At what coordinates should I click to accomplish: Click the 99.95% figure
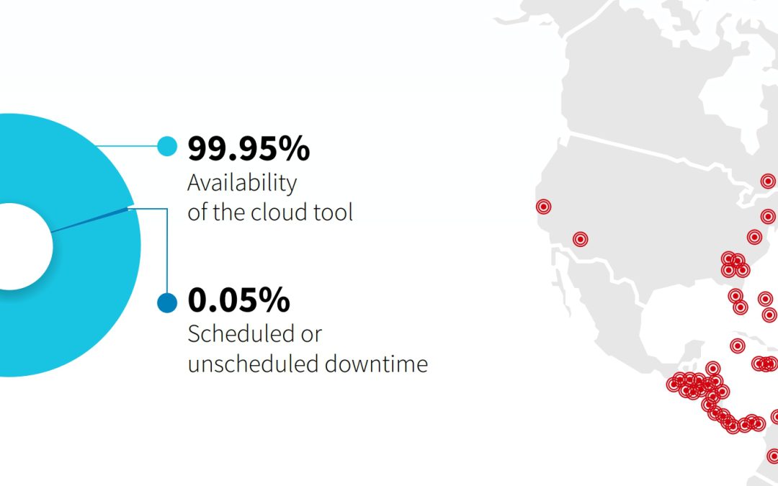point(249,148)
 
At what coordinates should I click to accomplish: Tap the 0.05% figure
point(238,300)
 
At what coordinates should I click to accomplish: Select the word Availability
point(242,184)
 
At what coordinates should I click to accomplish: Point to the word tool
point(333,212)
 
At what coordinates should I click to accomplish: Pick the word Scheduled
point(240,334)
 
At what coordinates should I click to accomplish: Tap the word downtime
point(376,364)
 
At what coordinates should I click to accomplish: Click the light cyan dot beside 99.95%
point(167,146)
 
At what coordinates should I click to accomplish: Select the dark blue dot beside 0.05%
point(167,302)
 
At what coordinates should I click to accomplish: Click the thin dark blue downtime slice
point(90,220)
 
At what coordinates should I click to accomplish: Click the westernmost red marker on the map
point(544,207)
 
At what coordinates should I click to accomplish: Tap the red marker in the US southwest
point(581,240)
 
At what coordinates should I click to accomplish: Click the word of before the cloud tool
point(197,212)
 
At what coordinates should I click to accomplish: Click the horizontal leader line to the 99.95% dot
point(127,146)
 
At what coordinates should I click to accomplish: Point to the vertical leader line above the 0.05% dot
point(167,251)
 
